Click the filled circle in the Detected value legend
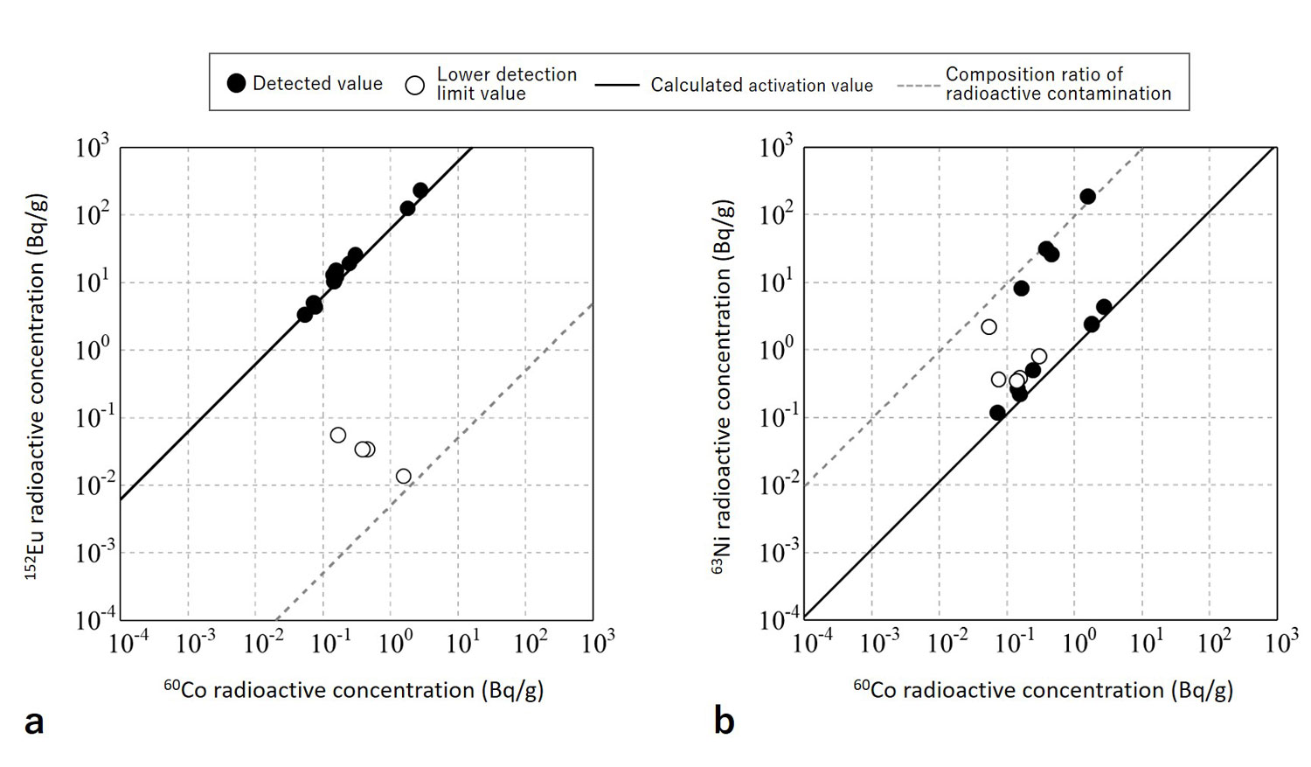[236, 83]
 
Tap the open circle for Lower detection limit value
[415, 85]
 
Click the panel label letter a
[34, 722]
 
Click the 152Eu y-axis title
[35, 386]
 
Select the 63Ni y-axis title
[722, 386]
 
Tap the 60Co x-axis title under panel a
[354, 690]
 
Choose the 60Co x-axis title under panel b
[1043, 690]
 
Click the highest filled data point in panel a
[420, 191]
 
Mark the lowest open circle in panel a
[403, 477]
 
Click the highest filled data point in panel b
[1088, 197]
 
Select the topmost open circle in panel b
[988, 327]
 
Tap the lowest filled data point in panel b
[997, 413]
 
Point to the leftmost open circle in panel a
[338, 436]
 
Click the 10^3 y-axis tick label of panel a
[92, 147]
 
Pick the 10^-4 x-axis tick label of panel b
[812, 643]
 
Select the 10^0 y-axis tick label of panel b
[775, 350]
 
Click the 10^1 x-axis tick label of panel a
[463, 643]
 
